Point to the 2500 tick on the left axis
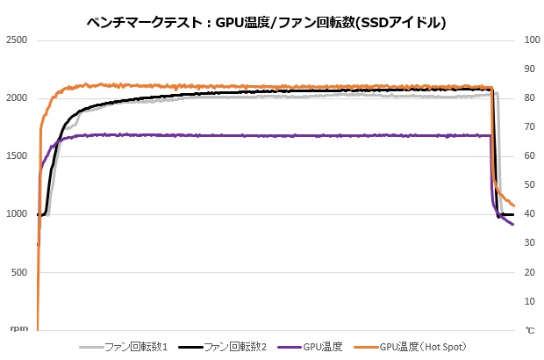[17, 40]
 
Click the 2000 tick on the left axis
[17, 98]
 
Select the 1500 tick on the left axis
[17, 156]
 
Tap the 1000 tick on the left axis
[17, 214]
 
